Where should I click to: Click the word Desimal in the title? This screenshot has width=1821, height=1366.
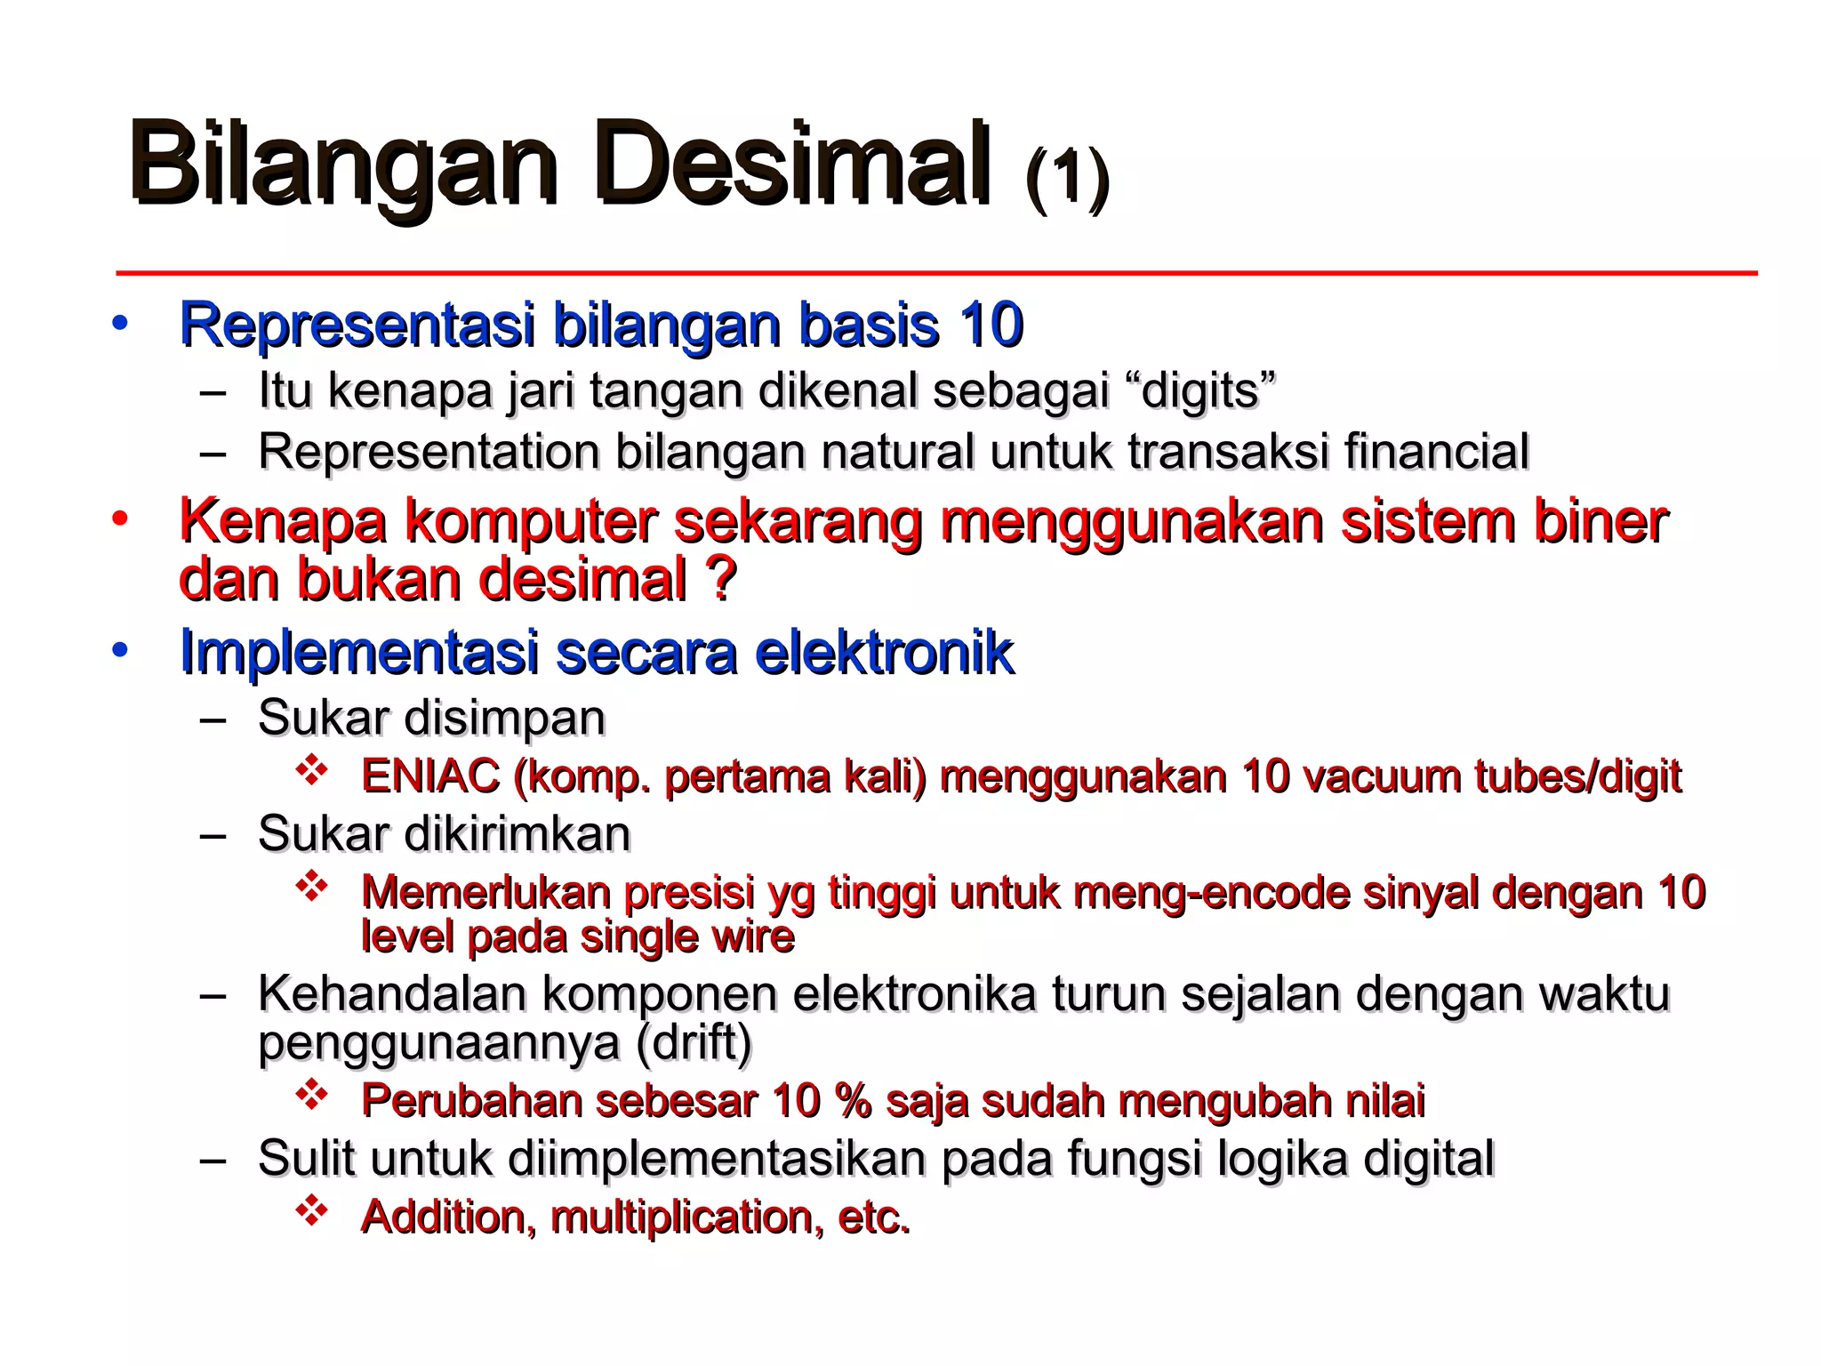pos(793,165)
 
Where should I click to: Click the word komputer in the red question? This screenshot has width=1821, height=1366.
pos(531,521)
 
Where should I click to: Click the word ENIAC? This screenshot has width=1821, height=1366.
pos(430,776)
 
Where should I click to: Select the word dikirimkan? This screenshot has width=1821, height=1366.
pos(517,834)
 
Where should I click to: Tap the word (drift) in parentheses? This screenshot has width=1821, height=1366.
pos(694,1041)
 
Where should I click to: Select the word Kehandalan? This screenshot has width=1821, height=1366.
pos(392,993)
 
